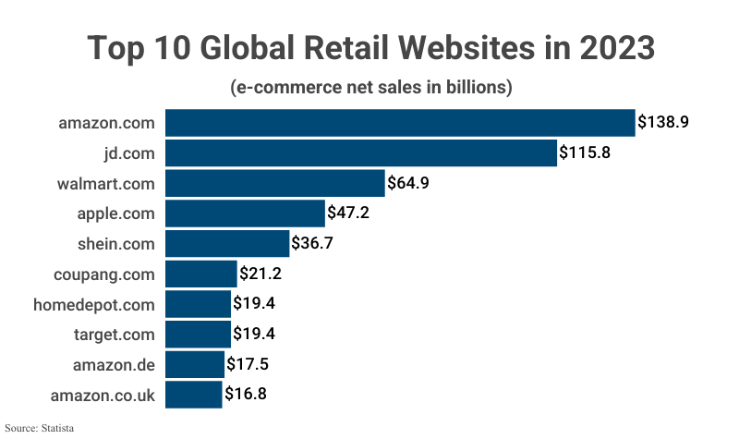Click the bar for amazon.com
tap(400, 122)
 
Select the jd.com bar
tap(361, 152)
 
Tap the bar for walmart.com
tap(274, 183)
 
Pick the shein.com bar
tap(227, 244)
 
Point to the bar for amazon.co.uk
tap(194, 396)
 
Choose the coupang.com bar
tap(201, 274)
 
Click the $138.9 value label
tap(664, 122)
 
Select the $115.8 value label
tap(585, 152)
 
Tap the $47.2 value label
tap(350, 213)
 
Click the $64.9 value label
tap(408, 183)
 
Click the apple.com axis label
tap(115, 213)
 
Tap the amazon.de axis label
tap(114, 365)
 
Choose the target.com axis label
tap(115, 335)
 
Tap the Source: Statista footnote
tap(39, 429)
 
